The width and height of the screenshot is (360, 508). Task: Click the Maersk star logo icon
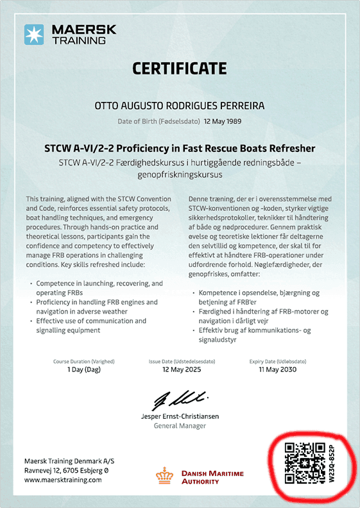point(33,34)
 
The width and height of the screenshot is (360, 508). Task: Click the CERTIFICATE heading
point(180,68)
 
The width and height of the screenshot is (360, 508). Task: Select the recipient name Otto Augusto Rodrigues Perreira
point(180,106)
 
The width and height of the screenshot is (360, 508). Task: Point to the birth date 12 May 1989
point(223,121)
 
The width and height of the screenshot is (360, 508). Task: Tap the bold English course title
point(180,149)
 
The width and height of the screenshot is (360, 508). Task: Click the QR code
point(304,462)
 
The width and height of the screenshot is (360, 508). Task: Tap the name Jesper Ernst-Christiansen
point(180,416)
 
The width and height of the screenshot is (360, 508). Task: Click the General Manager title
point(180,426)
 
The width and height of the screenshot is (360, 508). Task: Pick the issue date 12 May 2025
point(180,370)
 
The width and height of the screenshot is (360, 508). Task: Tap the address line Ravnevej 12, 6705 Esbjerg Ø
point(66,470)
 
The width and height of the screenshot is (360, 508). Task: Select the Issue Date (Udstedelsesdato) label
point(180,361)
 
